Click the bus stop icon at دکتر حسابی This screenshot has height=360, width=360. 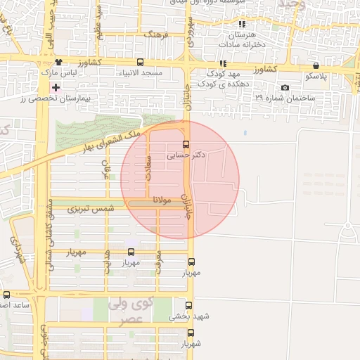[x=186, y=144]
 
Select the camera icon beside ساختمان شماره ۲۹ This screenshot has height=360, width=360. [x=284, y=88]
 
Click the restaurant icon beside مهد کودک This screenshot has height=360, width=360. [x=224, y=63]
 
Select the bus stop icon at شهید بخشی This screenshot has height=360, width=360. [x=188, y=305]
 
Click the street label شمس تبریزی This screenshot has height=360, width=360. [x=90, y=210]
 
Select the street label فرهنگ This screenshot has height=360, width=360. [x=153, y=34]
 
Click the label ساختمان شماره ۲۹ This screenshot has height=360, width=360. [x=258, y=96]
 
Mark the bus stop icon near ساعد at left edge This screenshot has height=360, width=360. [x=7, y=295]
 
